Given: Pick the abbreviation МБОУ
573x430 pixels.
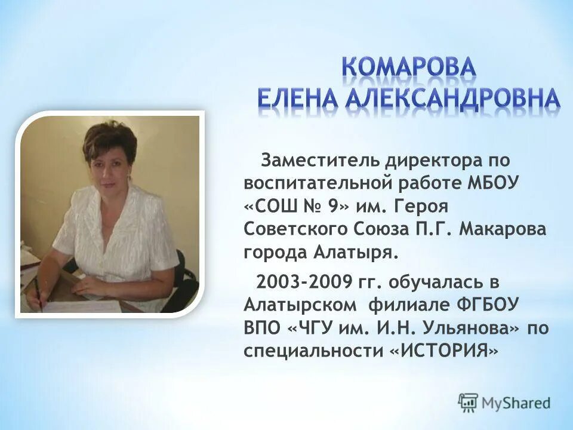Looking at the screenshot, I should tap(500, 183).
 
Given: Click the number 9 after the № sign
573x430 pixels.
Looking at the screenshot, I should tap(332, 206).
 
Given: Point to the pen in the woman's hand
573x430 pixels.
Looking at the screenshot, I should tap(37, 293).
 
